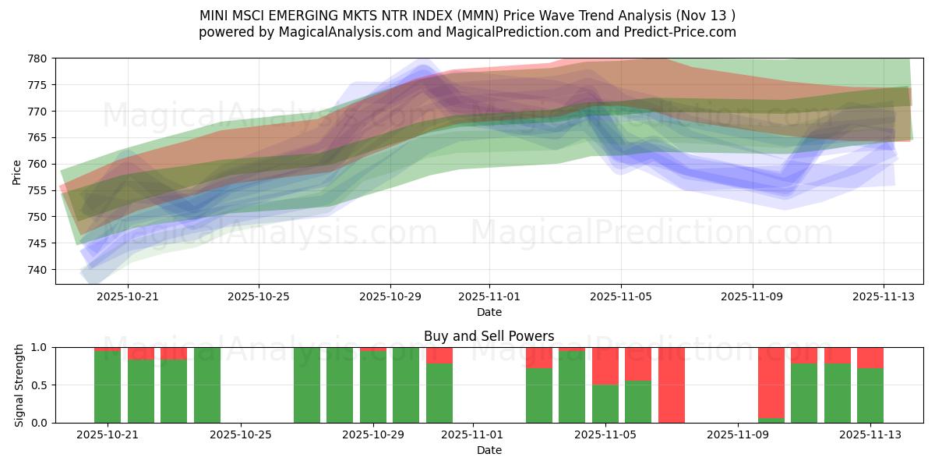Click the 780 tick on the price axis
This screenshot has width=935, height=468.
37,58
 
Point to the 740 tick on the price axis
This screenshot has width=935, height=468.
37,270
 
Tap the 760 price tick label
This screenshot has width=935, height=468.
37,164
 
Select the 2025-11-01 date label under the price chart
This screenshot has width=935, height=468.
489,296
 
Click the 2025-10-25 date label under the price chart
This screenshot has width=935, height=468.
259,296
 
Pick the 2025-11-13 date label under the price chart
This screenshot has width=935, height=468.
884,296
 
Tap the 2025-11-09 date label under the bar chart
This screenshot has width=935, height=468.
736,434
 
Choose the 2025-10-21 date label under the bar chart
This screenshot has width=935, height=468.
108,434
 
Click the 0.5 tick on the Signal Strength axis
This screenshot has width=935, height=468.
41,385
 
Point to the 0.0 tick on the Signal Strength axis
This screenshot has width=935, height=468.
41,423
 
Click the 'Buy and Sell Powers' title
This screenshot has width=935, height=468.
489,336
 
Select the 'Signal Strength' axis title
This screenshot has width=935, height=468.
19,385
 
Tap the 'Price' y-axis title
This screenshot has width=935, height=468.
16,171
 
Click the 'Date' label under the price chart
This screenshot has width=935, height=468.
489,312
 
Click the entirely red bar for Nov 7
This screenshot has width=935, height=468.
672,385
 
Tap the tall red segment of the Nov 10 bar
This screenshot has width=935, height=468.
771,382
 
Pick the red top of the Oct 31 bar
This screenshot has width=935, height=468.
439,355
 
